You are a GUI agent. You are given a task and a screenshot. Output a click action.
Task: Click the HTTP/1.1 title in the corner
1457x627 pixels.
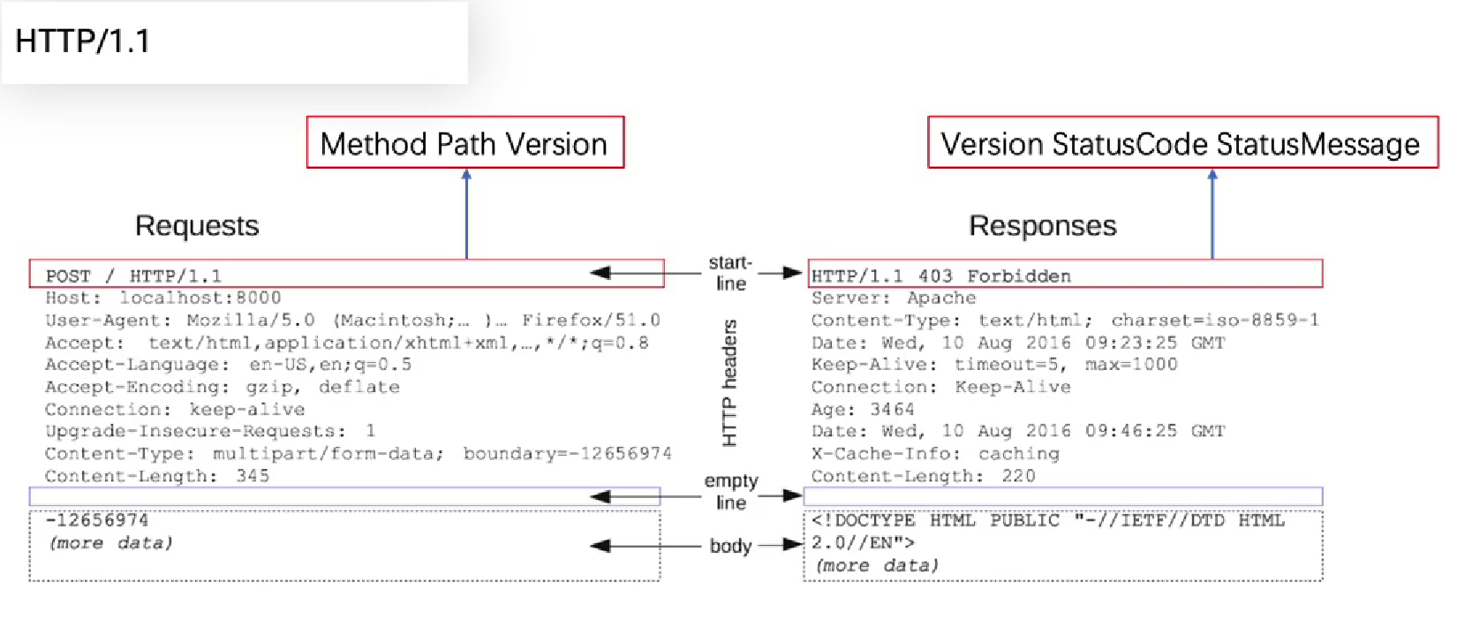[82, 42]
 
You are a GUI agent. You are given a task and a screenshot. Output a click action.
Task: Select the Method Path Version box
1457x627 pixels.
[464, 143]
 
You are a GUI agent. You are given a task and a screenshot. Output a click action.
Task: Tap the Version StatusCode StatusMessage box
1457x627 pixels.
[1181, 143]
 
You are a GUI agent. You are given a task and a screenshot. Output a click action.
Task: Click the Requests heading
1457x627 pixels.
[197, 226]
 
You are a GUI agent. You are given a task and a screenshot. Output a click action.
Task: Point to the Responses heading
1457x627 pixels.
[1043, 226]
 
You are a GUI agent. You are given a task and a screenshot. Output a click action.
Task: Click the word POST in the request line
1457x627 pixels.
[68, 276]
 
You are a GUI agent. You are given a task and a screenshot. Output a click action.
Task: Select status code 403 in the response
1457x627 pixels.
[935, 276]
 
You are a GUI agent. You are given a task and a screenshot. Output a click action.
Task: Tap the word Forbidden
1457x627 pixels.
[1019, 276]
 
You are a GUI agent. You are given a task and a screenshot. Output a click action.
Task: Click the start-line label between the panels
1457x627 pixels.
[730, 273]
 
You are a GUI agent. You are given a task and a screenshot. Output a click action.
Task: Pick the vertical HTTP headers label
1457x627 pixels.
[729, 382]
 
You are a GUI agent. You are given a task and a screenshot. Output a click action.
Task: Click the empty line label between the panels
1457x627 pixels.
[731, 492]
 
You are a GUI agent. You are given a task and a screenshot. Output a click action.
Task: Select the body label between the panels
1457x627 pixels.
[731, 546]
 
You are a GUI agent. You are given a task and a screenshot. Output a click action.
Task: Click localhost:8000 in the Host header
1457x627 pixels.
[200, 298]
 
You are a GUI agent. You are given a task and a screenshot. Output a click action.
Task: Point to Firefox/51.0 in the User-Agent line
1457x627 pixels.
[591, 321]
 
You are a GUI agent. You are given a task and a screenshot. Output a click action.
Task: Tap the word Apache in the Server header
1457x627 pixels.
[941, 298]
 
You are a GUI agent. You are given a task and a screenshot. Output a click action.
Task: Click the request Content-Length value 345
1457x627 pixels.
[253, 476]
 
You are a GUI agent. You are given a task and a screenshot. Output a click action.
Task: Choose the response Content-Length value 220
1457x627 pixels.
[1018, 476]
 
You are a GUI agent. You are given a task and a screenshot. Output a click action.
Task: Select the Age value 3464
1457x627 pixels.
[893, 410]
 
